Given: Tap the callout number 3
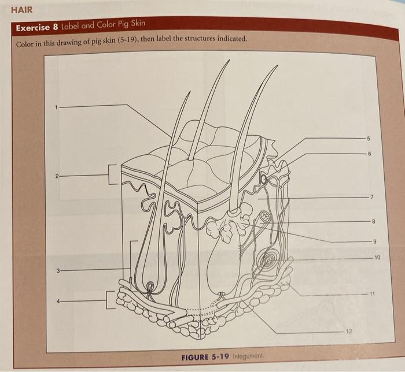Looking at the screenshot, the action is click(58, 270).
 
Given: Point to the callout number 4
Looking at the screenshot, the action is click(58, 300).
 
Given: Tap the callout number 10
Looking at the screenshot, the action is click(377, 256).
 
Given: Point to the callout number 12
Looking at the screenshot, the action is click(348, 331).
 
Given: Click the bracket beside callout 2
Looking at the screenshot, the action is click(111, 175).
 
